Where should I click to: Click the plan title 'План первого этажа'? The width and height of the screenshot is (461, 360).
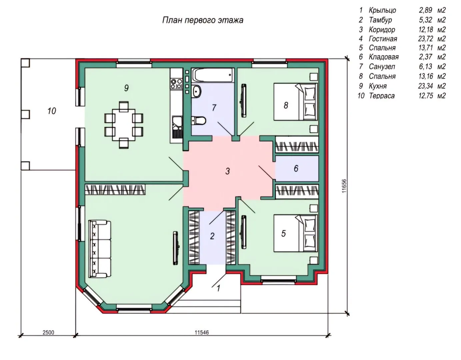coord(203,20)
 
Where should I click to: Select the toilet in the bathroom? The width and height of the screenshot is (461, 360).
coord(198,121)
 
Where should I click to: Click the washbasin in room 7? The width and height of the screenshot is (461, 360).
coord(196,91)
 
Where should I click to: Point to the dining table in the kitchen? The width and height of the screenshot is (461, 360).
coord(124,125)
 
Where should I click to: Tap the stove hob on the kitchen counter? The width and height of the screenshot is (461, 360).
coord(177,83)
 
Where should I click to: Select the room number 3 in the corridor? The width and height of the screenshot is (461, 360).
coord(227,171)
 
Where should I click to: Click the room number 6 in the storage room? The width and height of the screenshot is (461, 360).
coord(296,168)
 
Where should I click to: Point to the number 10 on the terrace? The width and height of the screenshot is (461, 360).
coord(52,111)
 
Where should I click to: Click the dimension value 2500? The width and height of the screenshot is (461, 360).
coord(48,332)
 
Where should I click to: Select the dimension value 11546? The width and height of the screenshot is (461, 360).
coord(202,332)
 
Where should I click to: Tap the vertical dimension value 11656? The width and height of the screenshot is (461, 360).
coord(344,186)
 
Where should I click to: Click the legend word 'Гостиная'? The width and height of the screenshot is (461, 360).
coord(383,39)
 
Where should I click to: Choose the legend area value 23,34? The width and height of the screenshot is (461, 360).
coord(426,86)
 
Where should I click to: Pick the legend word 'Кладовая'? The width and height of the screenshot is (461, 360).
coord(384,57)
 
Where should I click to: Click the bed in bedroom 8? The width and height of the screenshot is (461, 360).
coord(296,102)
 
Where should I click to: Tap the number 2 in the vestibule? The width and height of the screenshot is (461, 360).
coord(212,236)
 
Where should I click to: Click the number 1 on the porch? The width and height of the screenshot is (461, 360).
coord(218,288)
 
